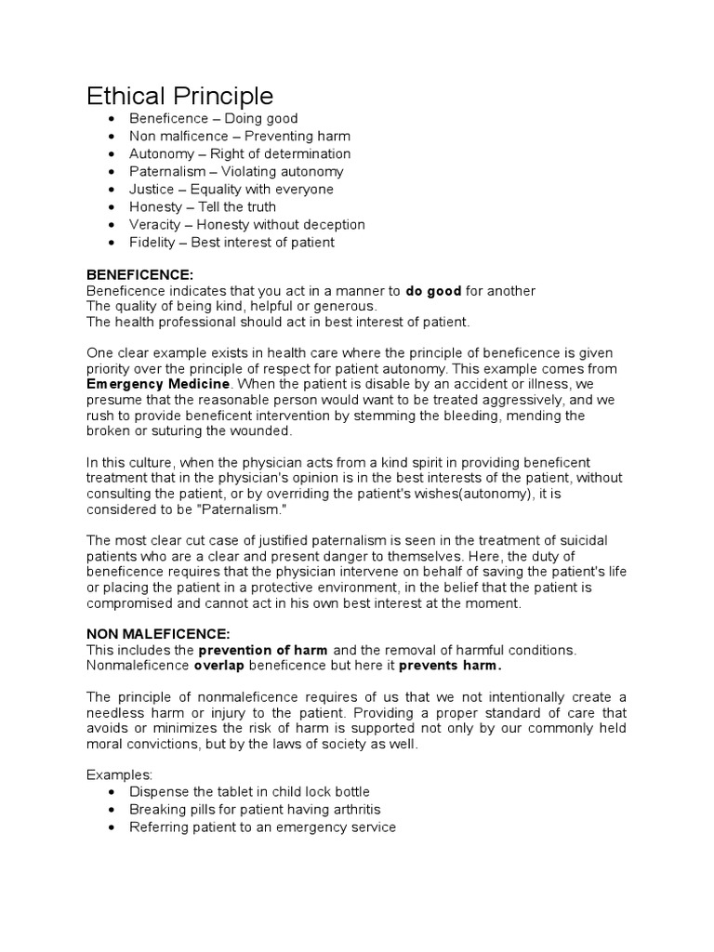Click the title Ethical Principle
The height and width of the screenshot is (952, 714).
[x=180, y=96]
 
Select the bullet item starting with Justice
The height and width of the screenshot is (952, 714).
[x=231, y=190]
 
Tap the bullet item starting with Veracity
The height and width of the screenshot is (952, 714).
[x=246, y=225]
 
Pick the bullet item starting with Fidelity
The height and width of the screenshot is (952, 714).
[x=231, y=243]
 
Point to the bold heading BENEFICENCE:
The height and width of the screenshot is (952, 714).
[x=139, y=276]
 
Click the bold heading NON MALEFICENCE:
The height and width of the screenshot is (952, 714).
[x=157, y=633]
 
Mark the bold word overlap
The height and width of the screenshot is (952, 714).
[x=219, y=666]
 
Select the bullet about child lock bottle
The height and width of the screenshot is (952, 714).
[x=249, y=791]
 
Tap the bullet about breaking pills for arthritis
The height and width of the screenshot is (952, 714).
[x=255, y=809]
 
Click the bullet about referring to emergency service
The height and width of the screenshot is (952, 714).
[x=262, y=826]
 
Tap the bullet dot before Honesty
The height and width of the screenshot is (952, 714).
[x=112, y=207]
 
